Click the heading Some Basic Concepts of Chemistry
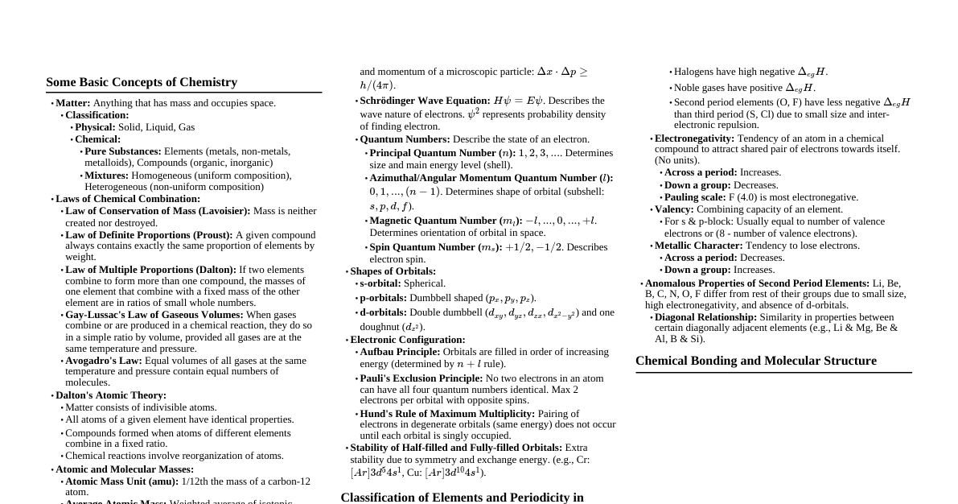pyautogui.click(x=142, y=82)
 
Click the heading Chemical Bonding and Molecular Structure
pyautogui.click(x=756, y=361)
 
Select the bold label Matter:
pyautogui.click(x=73, y=103)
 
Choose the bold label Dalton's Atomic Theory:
pyautogui.click(x=111, y=395)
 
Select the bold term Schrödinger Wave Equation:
pyautogui.click(x=425, y=101)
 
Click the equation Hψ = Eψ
pyautogui.click(x=518, y=101)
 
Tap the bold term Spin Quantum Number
pyautogui.click(x=422, y=247)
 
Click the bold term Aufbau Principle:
pyautogui.click(x=400, y=352)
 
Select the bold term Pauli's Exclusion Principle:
pyautogui.click(x=421, y=378)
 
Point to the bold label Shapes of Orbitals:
pyautogui.click(x=393, y=271)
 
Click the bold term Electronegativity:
pyautogui.click(x=694, y=138)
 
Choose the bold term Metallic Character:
pyautogui.click(x=698, y=246)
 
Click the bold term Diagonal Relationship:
pyautogui.click(x=705, y=317)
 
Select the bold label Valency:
pyautogui.click(x=674, y=209)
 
